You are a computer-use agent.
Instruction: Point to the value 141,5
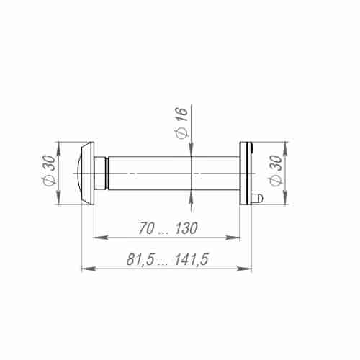pos(189,260)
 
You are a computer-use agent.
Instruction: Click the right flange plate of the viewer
pos(246,174)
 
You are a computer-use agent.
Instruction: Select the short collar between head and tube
pos(104,174)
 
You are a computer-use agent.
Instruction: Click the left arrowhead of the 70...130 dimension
pos(98,237)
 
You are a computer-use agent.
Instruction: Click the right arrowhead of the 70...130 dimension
pos(236,237)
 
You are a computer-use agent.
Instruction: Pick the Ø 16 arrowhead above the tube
pos(191,150)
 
